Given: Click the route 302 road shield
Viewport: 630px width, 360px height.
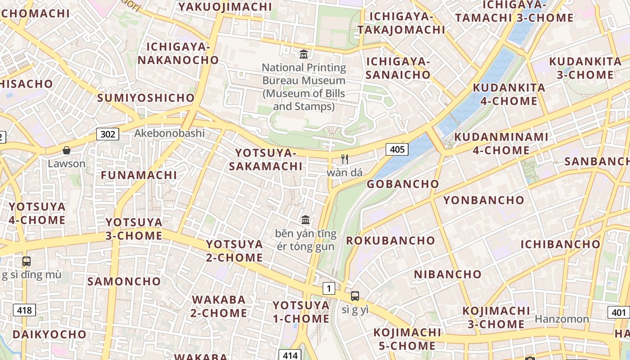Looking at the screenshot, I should pyautogui.click(x=108, y=134).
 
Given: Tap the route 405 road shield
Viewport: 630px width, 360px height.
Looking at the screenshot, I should pyautogui.click(x=397, y=149).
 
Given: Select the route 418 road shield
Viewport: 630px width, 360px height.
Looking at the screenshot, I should pyautogui.click(x=24, y=310).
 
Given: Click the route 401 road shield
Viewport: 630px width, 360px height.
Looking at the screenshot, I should pyautogui.click(x=619, y=312).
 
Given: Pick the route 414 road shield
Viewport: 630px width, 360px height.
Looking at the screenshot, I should pyautogui.click(x=290, y=355).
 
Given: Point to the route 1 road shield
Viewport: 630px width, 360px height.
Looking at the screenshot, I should pyautogui.click(x=329, y=288).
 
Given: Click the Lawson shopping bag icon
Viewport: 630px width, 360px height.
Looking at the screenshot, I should pyautogui.click(x=67, y=150).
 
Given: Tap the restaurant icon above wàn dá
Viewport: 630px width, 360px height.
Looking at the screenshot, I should pyautogui.click(x=345, y=159).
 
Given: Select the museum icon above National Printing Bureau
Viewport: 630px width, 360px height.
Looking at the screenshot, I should pyautogui.click(x=304, y=54).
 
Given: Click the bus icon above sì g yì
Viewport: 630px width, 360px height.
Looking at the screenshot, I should pyautogui.click(x=355, y=296).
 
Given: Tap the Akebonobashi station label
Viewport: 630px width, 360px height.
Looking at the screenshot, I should pyautogui.click(x=169, y=133).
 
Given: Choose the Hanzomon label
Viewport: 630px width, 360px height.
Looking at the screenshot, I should pyautogui.click(x=562, y=319).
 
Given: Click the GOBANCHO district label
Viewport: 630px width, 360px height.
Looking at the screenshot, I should pyautogui.click(x=403, y=184).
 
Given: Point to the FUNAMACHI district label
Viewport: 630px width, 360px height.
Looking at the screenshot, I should pyautogui.click(x=139, y=175).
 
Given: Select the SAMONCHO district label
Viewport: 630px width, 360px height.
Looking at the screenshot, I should pyautogui.click(x=124, y=281).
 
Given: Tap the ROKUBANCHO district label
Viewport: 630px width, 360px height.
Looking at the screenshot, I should pyautogui.click(x=390, y=240).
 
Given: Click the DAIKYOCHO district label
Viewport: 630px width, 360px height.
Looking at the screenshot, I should pyautogui.click(x=49, y=334).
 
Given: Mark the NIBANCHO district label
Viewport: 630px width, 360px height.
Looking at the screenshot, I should pyautogui.click(x=447, y=274).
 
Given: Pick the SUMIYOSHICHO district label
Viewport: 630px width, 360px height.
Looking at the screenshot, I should pyautogui.click(x=146, y=98).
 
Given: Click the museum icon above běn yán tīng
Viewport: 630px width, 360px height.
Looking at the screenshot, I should pyautogui.click(x=306, y=220).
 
